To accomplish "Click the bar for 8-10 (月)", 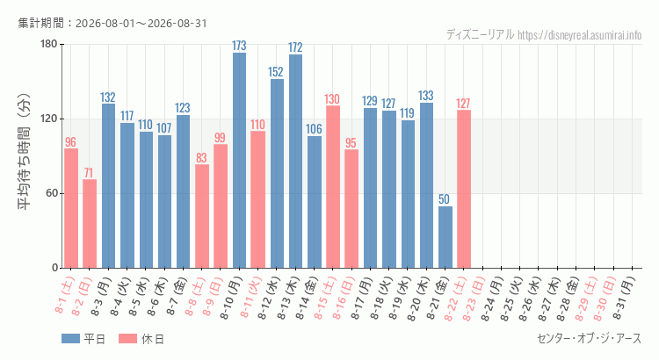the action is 239,160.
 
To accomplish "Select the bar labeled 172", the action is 295,162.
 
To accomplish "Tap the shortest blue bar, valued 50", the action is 445,237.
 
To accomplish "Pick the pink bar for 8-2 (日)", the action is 90,224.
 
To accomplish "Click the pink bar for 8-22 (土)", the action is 464,189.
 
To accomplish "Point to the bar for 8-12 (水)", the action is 277,174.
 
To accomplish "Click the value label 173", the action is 239,46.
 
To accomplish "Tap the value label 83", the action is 202,157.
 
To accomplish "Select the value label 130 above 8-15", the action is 332,99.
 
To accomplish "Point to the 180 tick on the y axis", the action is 48,44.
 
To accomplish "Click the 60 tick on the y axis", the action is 52,193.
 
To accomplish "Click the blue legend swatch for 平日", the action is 70,339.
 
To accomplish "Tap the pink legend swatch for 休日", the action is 127,339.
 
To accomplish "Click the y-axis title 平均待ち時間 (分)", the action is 24,152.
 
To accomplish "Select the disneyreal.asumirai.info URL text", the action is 580,35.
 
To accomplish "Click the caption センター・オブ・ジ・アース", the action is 590,338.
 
